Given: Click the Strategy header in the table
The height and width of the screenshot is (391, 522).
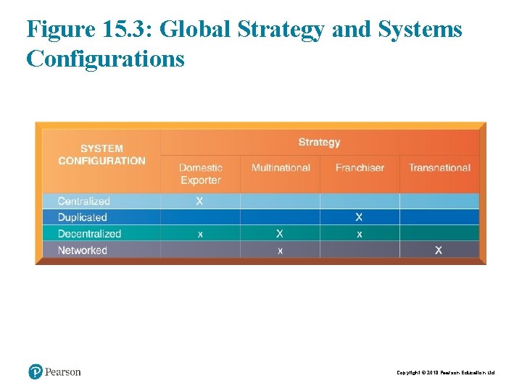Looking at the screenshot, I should point(319,142).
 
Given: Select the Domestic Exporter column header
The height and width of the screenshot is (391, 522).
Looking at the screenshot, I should point(201,174).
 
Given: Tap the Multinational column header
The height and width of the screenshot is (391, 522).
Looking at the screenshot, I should point(281,168).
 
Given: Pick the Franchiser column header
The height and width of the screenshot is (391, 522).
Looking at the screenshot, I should point(360,168).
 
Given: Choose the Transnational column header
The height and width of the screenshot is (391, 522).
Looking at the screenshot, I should point(439,168).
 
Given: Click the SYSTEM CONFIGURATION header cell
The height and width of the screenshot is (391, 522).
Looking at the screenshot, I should point(101,155).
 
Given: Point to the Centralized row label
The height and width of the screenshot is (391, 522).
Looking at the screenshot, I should point(84,201).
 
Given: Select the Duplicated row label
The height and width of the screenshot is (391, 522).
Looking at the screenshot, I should point(83,217).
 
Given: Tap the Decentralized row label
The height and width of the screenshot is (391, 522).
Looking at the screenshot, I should point(89,234).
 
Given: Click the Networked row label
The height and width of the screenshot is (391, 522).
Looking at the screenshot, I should point(83,251).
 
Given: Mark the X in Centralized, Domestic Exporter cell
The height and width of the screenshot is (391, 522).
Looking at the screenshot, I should point(199,201).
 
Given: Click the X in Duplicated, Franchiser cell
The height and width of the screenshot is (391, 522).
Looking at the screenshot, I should point(359,217).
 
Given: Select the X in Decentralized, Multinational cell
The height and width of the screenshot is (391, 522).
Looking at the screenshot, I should point(279,234).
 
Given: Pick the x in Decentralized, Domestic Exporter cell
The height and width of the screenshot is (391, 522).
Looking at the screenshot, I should point(200,235).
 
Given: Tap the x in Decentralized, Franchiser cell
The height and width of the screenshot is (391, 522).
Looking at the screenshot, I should point(359,235).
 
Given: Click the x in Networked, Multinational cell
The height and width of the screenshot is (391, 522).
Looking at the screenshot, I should point(280,251).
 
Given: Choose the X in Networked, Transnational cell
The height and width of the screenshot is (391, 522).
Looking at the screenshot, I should point(439,251).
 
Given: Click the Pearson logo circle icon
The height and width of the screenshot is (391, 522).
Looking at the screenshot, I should point(36,372).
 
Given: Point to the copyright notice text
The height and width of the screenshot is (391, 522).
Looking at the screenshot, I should point(445,373).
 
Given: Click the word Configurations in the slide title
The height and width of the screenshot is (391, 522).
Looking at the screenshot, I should point(105,58).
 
